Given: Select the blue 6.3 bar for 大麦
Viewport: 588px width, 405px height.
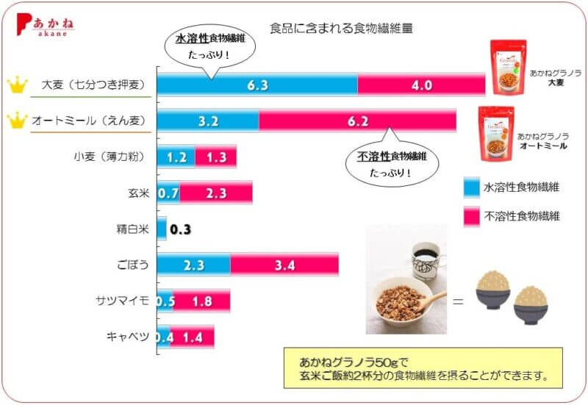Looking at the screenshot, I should click(x=257, y=85).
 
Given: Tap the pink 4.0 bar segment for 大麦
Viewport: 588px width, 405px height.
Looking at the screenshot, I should click(x=421, y=85).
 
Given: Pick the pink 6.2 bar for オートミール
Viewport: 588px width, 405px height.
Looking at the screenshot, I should click(x=357, y=121).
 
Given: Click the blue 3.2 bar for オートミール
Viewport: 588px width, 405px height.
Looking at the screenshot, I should click(x=208, y=121).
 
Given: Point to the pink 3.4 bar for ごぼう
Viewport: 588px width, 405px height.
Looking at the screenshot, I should click(x=284, y=265).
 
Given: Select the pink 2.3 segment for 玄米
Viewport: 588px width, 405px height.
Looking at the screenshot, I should click(x=216, y=193).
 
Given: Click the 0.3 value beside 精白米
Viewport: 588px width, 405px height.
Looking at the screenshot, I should click(x=180, y=229).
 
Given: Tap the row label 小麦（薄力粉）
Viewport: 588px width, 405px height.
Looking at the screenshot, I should click(x=112, y=157).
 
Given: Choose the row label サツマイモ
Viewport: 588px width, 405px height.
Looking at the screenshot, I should click(x=122, y=301).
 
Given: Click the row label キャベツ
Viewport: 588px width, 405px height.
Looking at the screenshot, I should click(x=127, y=337).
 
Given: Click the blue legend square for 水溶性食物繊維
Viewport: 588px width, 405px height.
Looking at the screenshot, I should click(x=471, y=187).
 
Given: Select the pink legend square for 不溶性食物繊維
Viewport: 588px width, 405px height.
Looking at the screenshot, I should click(x=471, y=216).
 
